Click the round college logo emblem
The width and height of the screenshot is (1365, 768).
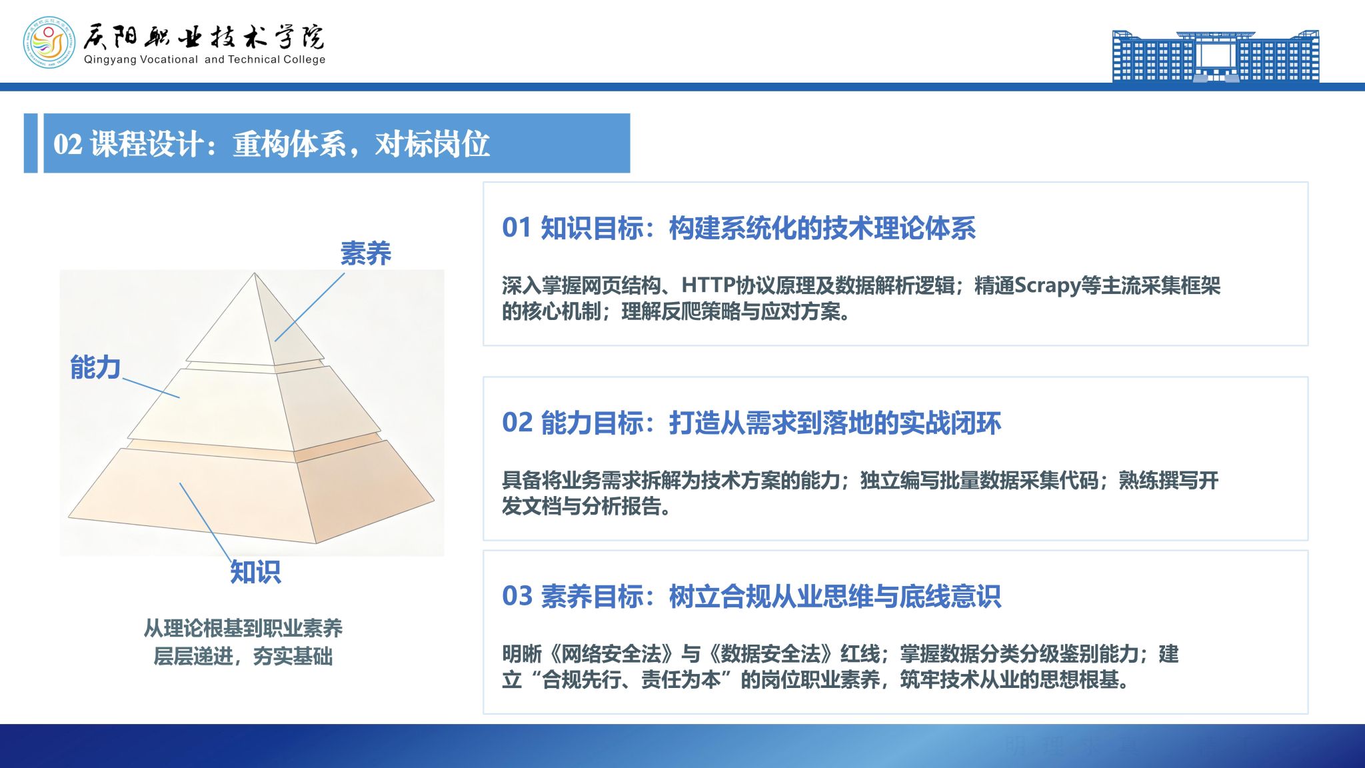(49, 43)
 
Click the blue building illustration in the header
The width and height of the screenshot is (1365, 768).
(1216, 56)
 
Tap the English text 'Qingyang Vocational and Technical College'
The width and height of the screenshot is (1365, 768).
(205, 59)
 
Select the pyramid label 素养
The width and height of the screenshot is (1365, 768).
(365, 253)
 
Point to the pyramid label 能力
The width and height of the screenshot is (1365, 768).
(95, 367)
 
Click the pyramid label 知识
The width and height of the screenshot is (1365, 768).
(255, 572)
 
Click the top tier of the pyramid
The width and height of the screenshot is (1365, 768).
(255, 320)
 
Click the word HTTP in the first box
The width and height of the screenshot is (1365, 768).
(708, 285)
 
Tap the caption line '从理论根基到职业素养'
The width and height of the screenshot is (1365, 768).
(243, 628)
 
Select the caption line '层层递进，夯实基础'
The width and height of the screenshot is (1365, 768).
(243, 656)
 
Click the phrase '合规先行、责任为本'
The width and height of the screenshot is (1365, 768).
(632, 680)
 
